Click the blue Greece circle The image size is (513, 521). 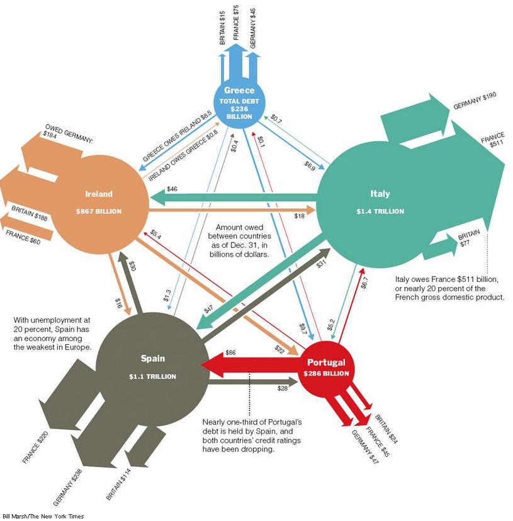point(239,103)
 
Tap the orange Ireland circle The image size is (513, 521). point(99,203)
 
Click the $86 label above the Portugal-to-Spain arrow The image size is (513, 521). point(230,352)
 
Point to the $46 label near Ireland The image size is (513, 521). point(172,189)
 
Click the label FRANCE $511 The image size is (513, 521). point(493,140)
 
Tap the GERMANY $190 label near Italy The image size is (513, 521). point(475,101)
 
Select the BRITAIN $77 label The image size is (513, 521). point(469,238)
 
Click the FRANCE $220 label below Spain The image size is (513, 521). point(36,447)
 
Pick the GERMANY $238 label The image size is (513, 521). point(67,487)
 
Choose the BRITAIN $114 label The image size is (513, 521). point(118,484)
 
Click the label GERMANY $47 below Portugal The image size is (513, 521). point(365,447)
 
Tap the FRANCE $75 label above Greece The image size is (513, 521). point(235,22)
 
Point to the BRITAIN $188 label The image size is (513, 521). point(30,213)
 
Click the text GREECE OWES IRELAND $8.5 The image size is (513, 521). point(178,136)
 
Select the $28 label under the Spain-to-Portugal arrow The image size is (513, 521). point(282,388)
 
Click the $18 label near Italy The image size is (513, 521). point(299,216)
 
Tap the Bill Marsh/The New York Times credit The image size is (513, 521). point(43,516)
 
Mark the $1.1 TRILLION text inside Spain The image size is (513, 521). point(152,376)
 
